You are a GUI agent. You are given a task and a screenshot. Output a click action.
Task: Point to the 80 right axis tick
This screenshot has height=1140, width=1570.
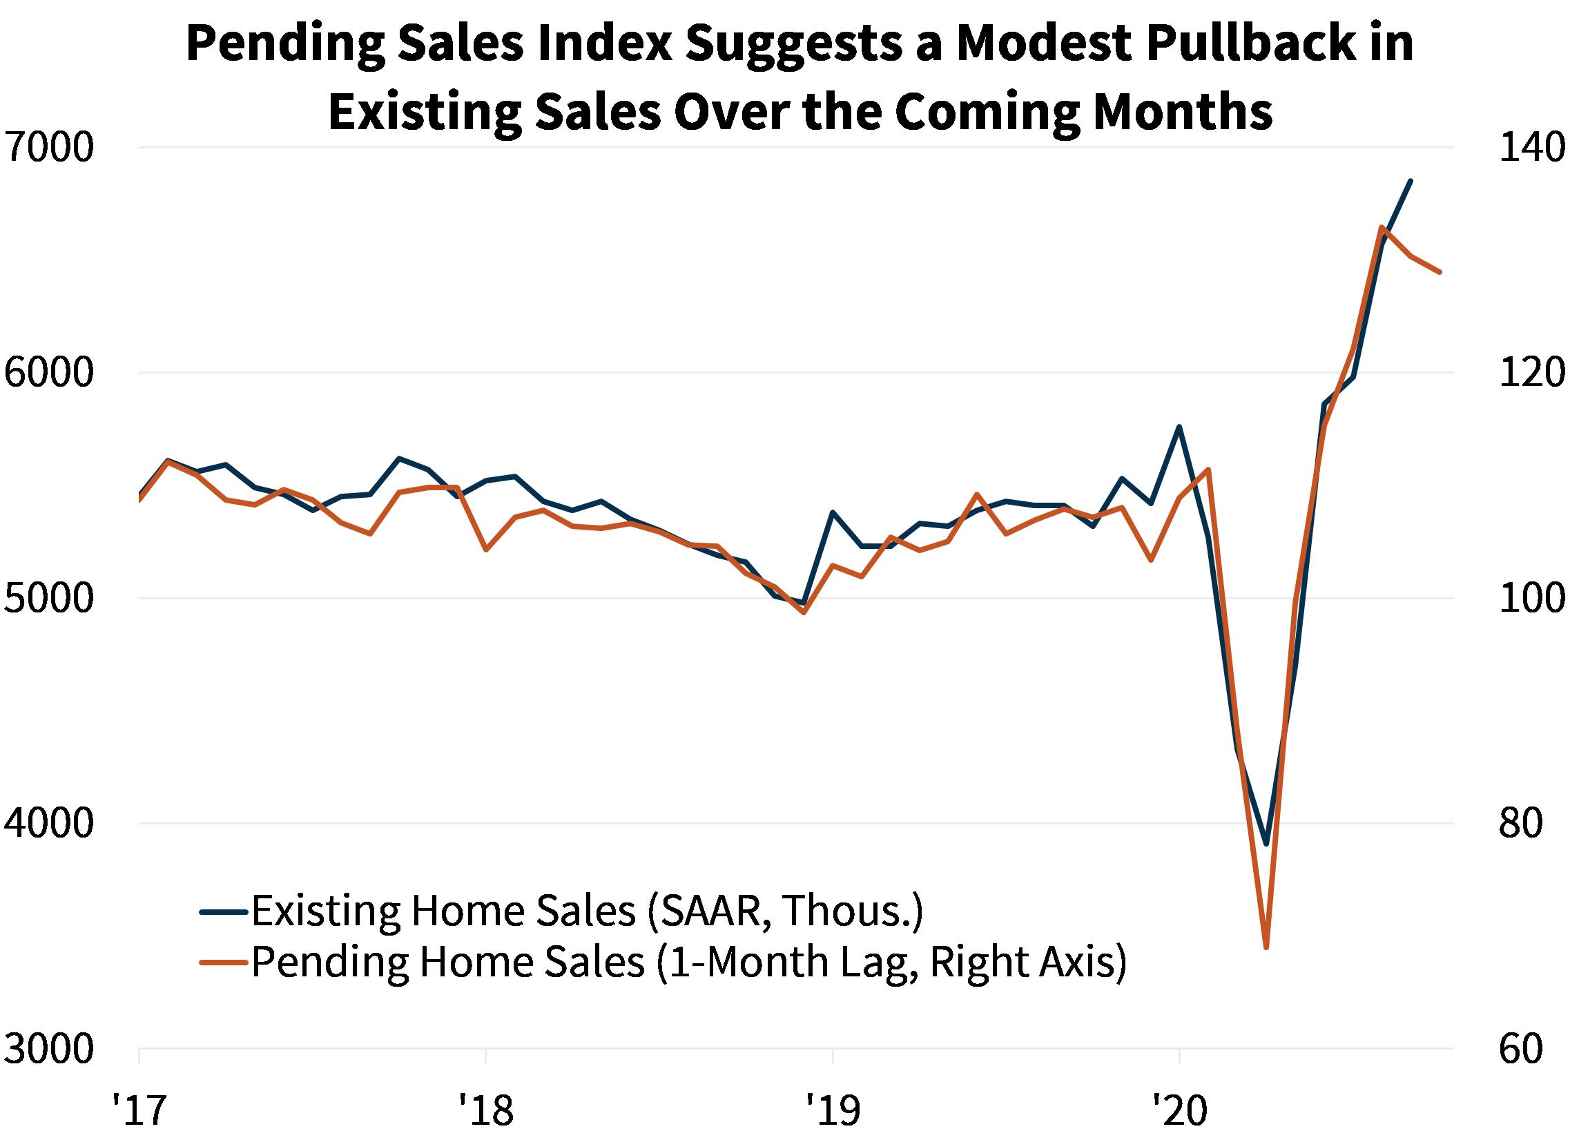[x=1521, y=824]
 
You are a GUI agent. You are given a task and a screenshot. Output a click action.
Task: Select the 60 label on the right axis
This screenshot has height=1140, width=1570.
[x=1521, y=1049]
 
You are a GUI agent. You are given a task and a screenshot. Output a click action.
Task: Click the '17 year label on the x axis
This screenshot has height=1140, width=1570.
[x=140, y=1110]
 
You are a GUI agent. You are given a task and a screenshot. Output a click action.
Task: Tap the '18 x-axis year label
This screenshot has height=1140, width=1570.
[x=486, y=1110]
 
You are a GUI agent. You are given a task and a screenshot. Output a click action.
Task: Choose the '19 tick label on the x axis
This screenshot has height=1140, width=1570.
[x=833, y=1110]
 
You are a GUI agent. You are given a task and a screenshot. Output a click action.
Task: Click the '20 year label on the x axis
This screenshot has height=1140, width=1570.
[x=1180, y=1110]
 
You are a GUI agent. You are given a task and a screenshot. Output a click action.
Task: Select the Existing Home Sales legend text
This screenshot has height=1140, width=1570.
[x=587, y=911]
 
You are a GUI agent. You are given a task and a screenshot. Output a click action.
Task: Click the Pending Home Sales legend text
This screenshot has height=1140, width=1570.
[x=689, y=962]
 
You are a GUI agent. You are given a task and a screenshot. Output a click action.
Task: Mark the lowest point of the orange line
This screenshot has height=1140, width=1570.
[x=1266, y=947]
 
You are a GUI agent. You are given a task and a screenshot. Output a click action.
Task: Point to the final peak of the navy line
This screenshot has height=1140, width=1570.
[x=1411, y=181]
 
